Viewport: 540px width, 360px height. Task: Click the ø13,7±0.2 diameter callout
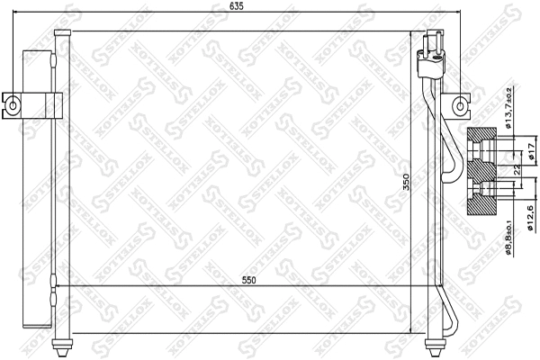click(x=508, y=106)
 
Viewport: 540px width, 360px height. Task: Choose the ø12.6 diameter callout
click(x=531, y=217)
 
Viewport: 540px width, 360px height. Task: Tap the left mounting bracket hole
click(x=13, y=103)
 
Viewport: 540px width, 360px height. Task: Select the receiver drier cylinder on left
click(x=36, y=189)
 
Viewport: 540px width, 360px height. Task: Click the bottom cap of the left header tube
click(x=61, y=345)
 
